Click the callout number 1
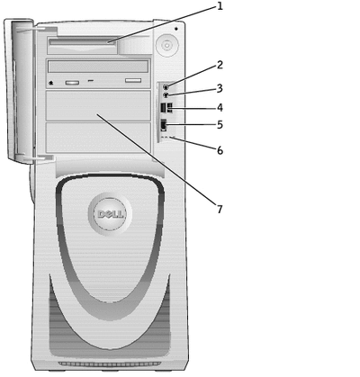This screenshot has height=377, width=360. coord(220,6)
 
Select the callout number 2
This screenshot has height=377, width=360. coord(220,65)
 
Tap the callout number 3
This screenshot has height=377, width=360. coord(220,88)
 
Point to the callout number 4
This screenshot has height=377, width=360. coord(220,107)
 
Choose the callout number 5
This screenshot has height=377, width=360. coord(220,124)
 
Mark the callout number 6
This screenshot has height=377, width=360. coord(220,150)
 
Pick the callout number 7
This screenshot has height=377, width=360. coord(220,209)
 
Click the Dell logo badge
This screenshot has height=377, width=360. coord(110,214)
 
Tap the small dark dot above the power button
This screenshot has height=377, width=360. coord(176,29)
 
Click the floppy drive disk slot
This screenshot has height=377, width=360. coord(83,43)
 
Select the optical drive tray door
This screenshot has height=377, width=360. coord(98,67)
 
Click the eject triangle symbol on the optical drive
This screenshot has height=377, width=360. coord(51,83)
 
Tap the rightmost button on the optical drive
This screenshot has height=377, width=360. coord(133,81)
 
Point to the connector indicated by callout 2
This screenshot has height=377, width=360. coord(166,87)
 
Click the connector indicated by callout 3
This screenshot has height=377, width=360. coord(166,95)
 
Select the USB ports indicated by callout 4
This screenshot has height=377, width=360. coord(166,108)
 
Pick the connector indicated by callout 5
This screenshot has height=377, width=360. coord(164,125)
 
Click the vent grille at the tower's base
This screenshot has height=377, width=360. coord(110,364)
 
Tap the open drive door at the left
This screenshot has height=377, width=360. coord(21,92)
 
